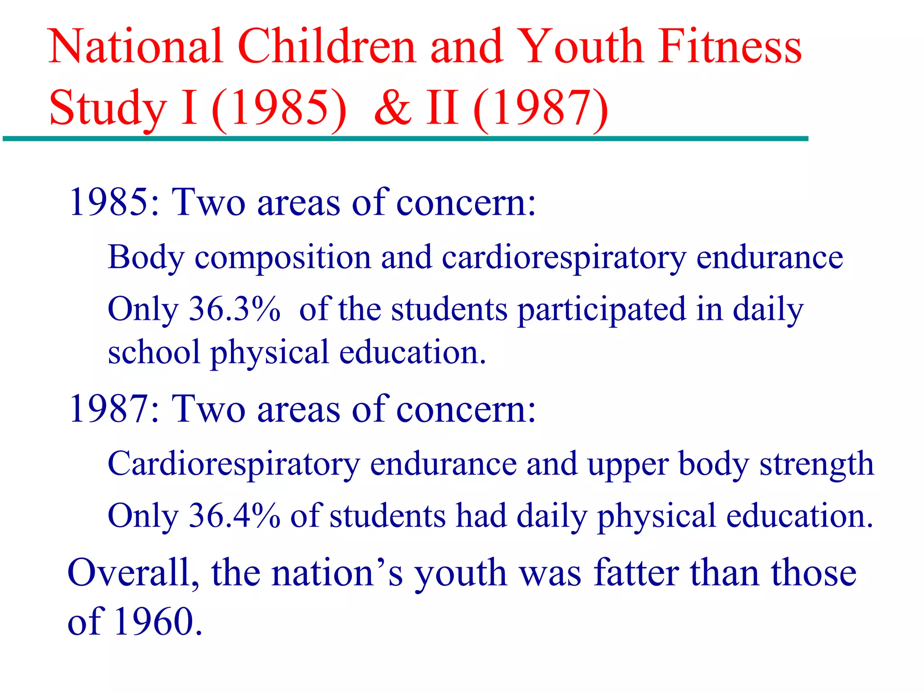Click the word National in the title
[x=135, y=46]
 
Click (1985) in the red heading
[x=279, y=108]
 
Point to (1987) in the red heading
[x=541, y=108]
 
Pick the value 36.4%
[x=234, y=516]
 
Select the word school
[x=154, y=352]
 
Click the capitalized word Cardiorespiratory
[x=234, y=464]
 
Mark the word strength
[x=817, y=464]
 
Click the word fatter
[x=636, y=573]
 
